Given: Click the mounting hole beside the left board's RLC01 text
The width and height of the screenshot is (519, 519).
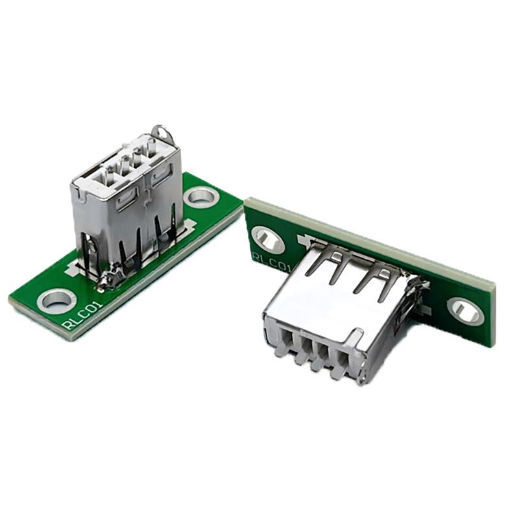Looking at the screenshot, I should tap(56, 300).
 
